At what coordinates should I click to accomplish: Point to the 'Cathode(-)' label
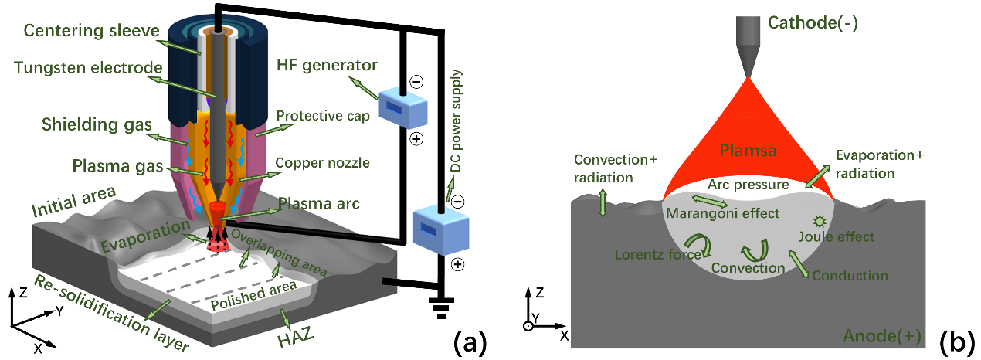click(813, 24)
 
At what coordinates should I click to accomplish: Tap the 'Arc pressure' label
click(748, 185)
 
